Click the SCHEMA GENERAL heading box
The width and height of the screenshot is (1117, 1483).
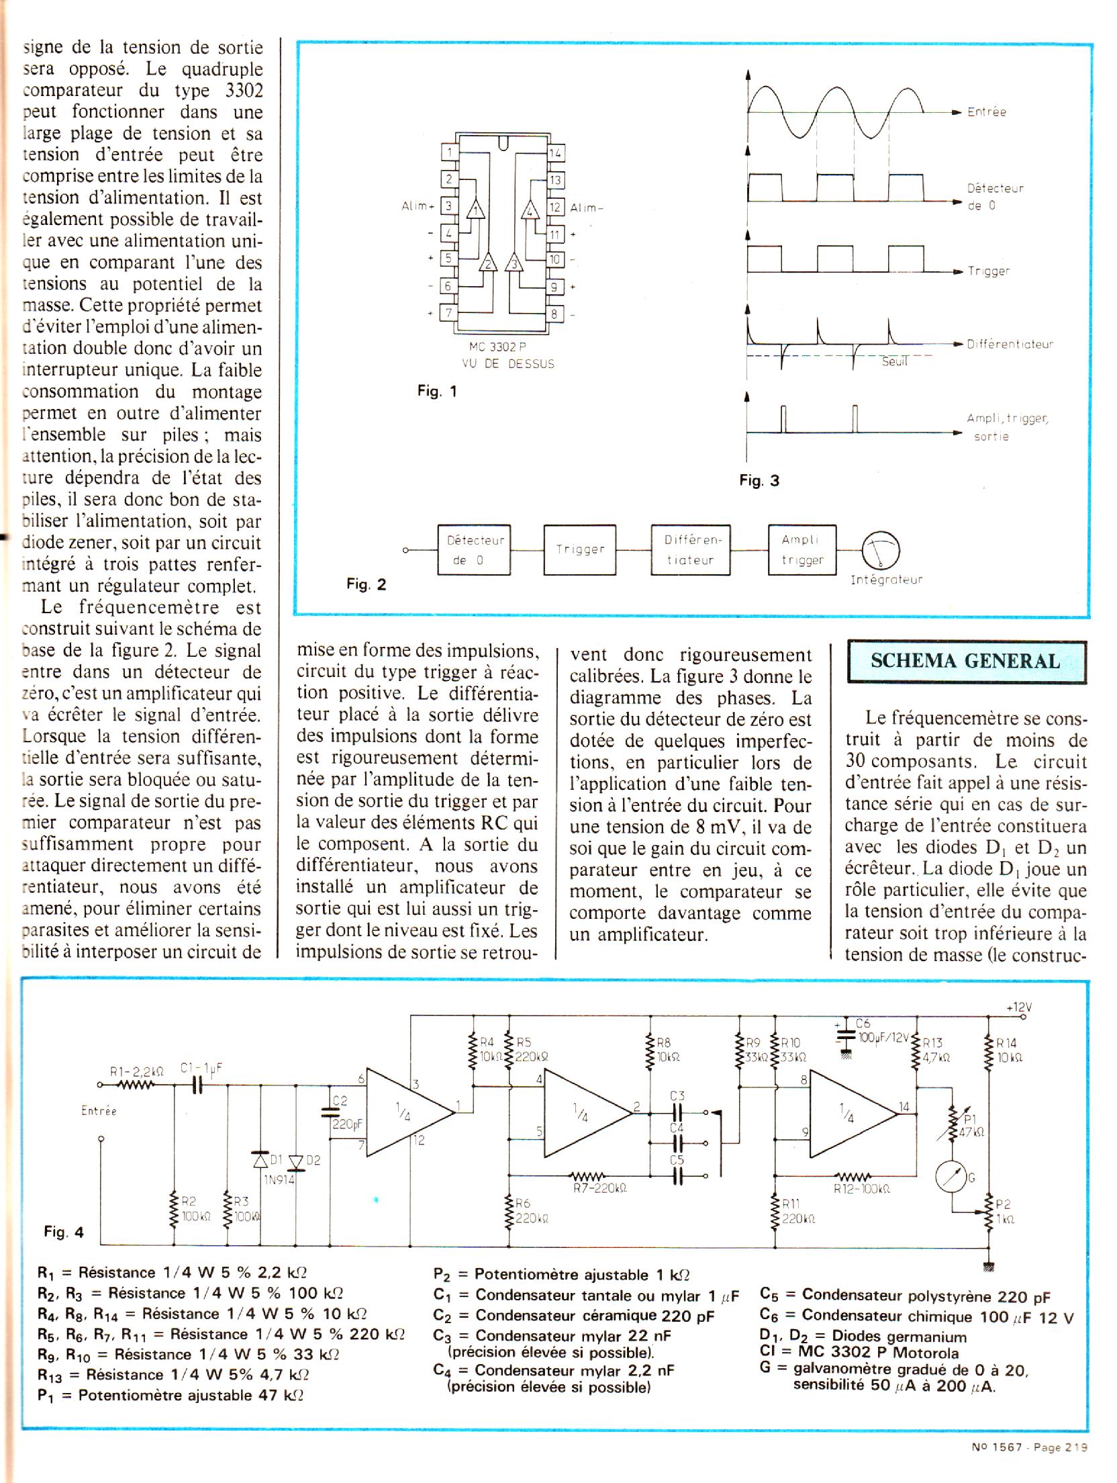pyautogui.click(x=965, y=662)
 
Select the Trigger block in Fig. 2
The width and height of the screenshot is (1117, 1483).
pyautogui.click(x=579, y=549)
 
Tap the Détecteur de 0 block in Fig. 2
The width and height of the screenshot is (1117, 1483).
pyautogui.click(x=474, y=549)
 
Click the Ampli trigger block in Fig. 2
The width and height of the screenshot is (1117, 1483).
pyautogui.click(x=802, y=549)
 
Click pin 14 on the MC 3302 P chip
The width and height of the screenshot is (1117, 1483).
pyautogui.click(x=555, y=153)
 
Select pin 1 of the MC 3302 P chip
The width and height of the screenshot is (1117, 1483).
pyautogui.click(x=449, y=153)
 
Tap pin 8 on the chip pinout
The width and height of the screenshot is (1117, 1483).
pyautogui.click(x=555, y=314)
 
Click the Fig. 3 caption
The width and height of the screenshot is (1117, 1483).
pyautogui.click(x=759, y=480)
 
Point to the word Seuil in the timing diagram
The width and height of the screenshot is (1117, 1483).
pyautogui.click(x=894, y=362)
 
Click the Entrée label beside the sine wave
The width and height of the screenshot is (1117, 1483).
pyautogui.click(x=986, y=112)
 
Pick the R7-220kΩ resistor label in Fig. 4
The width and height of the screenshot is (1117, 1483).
pyautogui.click(x=599, y=1188)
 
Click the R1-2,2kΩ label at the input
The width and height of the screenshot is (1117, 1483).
pyautogui.click(x=137, y=1072)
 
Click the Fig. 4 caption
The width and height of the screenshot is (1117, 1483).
pyautogui.click(x=64, y=1232)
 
